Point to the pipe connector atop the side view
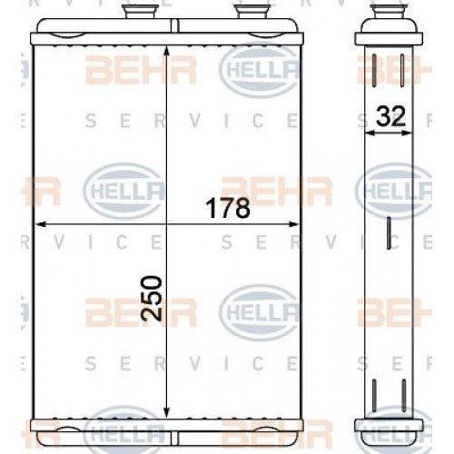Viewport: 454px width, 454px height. pyautogui.click(x=388, y=15)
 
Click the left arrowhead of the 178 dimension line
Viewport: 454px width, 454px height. pyautogui.click(x=38, y=222)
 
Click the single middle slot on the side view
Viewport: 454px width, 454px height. pyautogui.click(x=388, y=233)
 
